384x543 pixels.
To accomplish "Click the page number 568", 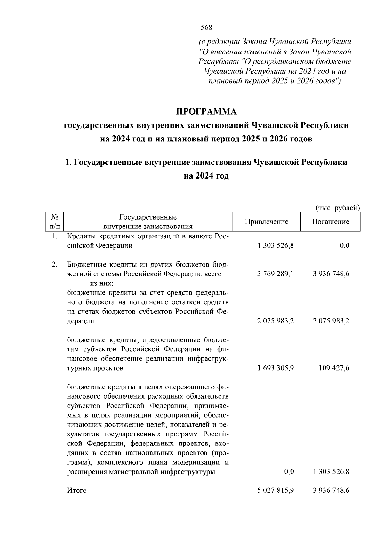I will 206,28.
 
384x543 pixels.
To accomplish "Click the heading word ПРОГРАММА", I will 206,112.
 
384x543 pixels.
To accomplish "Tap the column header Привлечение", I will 266,222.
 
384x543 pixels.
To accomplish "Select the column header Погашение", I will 331,222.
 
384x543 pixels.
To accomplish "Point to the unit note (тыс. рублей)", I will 338,208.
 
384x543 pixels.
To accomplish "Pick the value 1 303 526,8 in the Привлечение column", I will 275,246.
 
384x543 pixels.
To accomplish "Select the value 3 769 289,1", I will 275,274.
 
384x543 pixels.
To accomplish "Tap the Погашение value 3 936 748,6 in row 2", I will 331,274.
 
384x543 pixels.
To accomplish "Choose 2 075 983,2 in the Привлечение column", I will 275,321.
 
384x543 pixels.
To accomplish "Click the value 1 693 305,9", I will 275,368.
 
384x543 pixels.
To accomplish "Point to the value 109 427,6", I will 334,368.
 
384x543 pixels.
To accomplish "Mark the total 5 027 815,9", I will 275,491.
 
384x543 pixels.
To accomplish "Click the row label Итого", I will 77,491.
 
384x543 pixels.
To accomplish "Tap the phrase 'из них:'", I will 101,283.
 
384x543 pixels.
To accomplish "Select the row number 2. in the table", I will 55,265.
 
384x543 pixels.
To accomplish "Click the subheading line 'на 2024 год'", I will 206,176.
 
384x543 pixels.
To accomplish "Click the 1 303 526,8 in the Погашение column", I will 331,472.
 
